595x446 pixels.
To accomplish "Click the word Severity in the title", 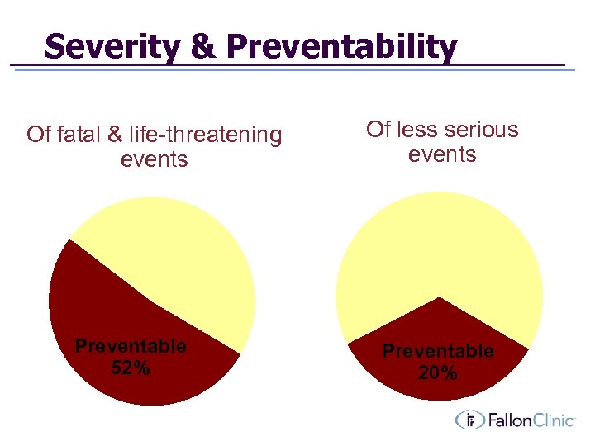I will (112, 47).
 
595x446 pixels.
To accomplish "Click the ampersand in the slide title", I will (202, 47).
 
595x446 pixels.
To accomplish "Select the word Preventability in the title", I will (340, 47).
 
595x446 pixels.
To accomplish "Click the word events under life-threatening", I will (154, 159).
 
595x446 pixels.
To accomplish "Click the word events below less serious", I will (442, 154).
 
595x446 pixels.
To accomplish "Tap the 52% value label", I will (131, 368).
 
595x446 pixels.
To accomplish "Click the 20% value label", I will (437, 373).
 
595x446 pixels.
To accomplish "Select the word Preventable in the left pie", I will (131, 346).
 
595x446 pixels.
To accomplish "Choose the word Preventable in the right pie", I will (437, 351).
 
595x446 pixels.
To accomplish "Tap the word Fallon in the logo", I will (510, 420).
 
